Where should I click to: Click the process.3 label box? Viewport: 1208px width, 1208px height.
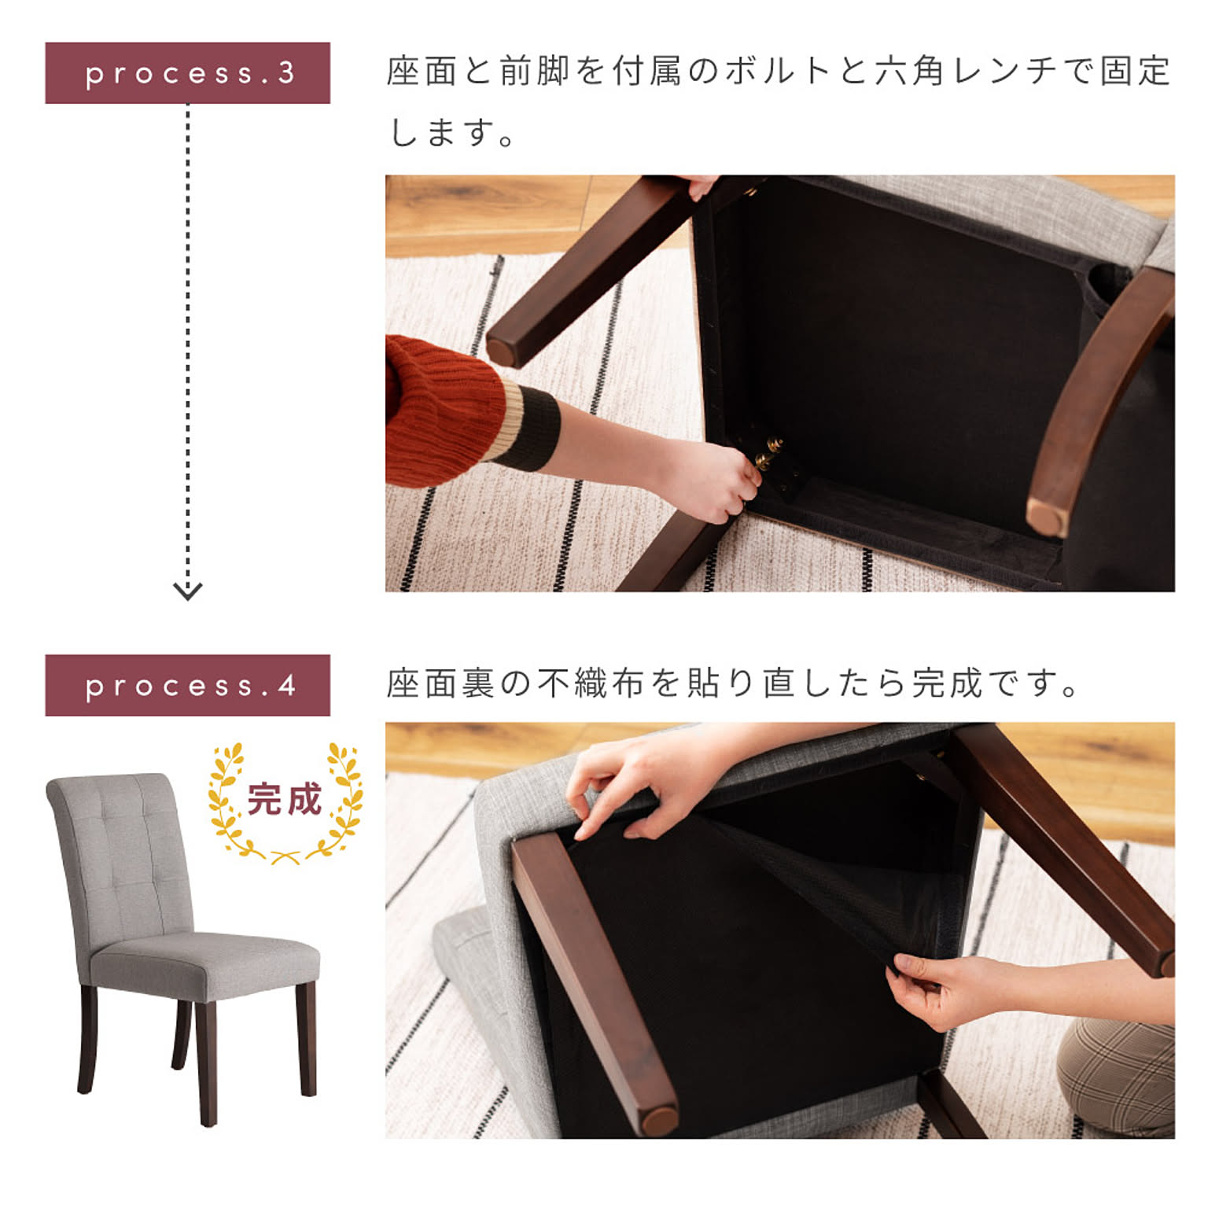pyautogui.click(x=187, y=73)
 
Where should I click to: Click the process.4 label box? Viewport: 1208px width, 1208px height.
pyautogui.click(x=187, y=685)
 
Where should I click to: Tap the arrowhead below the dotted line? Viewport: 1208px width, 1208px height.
pyautogui.click(x=187, y=591)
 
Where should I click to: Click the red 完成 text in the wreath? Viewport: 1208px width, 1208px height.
pyautogui.click(x=285, y=799)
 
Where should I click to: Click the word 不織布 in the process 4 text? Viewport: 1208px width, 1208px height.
pyautogui.click(x=591, y=683)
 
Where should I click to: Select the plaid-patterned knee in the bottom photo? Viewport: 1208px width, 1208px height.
pyautogui.click(x=1117, y=1077)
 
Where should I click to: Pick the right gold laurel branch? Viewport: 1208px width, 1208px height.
pyautogui.click(x=340, y=802)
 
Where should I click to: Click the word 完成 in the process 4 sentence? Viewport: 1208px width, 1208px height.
pyautogui.click(x=948, y=683)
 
